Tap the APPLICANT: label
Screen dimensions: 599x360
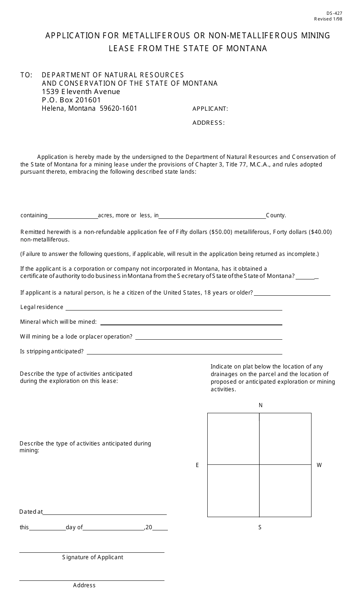point(210,109)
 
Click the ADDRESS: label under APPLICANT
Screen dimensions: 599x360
point(208,122)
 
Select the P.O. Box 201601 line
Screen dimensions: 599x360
point(71,100)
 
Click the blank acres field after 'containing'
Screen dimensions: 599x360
point(73,216)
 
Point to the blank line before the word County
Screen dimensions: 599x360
point(212,216)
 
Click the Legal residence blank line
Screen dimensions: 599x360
point(174,308)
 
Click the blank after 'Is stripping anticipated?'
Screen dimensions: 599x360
point(184,352)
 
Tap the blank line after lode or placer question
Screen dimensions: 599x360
point(208,337)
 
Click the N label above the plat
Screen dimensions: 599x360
point(260,405)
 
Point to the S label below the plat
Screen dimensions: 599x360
point(260,527)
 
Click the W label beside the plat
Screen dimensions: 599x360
point(319,465)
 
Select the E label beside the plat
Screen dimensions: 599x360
point(197,465)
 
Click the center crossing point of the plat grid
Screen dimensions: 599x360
point(259,465)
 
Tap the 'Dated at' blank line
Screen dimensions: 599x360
point(105,513)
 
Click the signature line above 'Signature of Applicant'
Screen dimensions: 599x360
point(92,552)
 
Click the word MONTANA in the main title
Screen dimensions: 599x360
point(247,49)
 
